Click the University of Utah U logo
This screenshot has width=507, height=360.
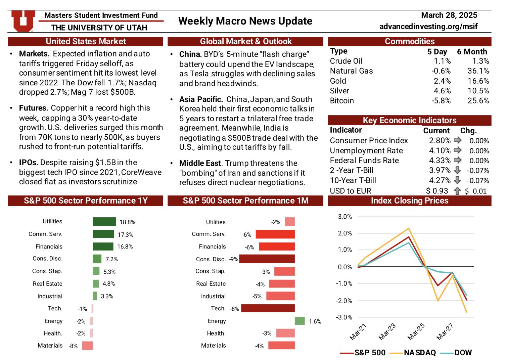(23, 20)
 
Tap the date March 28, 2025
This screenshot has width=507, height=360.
(449, 15)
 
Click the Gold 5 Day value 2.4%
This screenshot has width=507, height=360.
(442, 81)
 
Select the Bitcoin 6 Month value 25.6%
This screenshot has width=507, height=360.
(478, 101)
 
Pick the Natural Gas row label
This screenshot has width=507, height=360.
(351, 71)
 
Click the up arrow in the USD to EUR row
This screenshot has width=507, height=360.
(457, 191)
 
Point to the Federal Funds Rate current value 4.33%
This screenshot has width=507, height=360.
(440, 161)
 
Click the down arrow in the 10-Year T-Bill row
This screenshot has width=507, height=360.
(457, 180)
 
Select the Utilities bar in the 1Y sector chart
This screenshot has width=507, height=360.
(104, 222)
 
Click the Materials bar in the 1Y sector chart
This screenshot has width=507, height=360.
(87, 346)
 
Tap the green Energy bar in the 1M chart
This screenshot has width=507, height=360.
(299, 321)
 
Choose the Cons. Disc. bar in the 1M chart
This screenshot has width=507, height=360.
(267, 259)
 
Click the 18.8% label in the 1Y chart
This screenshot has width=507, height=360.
(127, 222)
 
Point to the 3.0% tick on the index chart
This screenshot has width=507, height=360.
(345, 217)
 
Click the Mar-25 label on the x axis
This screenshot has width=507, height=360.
(416, 331)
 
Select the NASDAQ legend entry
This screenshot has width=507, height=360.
(420, 353)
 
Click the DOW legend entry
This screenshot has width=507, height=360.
(463, 353)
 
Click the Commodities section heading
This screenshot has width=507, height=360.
(409, 41)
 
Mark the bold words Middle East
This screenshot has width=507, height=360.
(200, 163)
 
